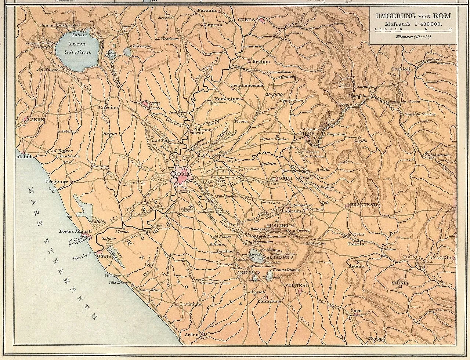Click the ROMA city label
182,174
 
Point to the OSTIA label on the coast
104,255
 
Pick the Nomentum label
230,99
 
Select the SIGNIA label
400,283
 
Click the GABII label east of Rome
283,179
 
